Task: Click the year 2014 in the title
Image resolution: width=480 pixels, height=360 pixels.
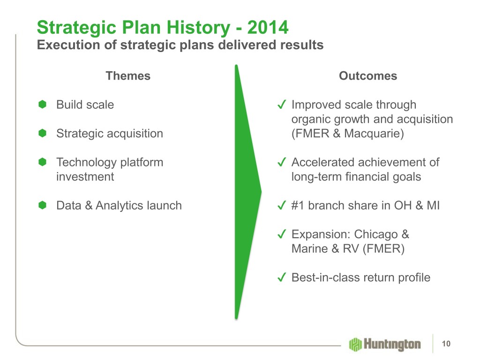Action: click(268, 27)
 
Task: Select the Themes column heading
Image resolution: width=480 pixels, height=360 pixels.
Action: click(128, 75)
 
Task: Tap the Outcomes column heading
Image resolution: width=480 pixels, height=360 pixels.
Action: click(367, 75)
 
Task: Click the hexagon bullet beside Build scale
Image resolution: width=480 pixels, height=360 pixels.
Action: click(42, 105)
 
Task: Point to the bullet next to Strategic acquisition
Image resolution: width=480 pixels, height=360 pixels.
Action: click(42, 133)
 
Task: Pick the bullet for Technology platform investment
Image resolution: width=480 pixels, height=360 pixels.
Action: click(42, 162)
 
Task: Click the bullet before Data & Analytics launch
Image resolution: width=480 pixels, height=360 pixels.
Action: click(42, 205)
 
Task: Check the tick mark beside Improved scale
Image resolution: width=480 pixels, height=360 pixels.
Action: click(282, 105)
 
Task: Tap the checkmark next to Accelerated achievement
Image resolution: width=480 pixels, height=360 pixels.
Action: click(282, 162)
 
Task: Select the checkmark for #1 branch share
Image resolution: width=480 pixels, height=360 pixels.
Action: click(282, 205)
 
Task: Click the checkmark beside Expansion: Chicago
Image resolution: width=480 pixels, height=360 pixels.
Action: click(282, 234)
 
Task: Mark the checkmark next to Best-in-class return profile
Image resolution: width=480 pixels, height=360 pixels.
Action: click(282, 277)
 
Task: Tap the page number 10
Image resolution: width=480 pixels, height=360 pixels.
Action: click(446, 344)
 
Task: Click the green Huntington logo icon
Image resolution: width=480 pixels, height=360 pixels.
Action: click(355, 345)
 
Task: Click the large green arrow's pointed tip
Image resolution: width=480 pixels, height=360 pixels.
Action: click(261, 192)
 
